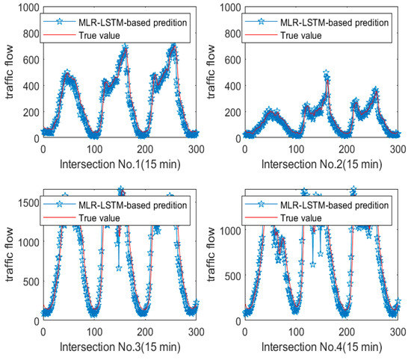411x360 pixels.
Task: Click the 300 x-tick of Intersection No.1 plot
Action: click(196, 149)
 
